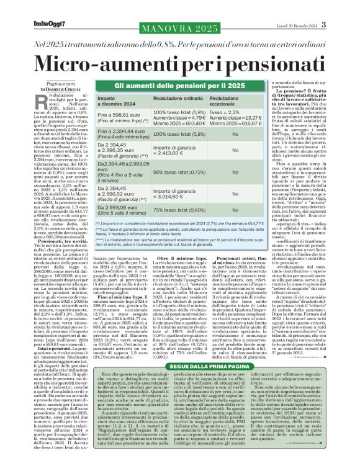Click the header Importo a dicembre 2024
(x=113, y=101)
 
